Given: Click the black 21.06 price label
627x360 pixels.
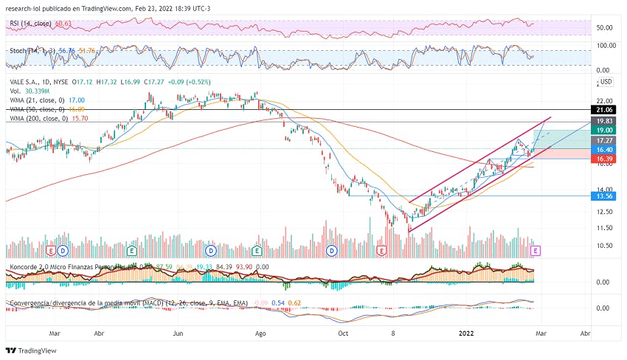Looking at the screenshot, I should pyautogui.click(x=606, y=110).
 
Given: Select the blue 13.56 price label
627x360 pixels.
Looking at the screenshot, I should pyautogui.click(x=606, y=196).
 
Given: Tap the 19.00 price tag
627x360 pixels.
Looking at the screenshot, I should pyautogui.click(x=606, y=130).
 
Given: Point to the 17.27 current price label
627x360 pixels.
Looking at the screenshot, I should pyautogui.click(x=606, y=139).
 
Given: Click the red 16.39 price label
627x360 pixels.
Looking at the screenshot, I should pyautogui.click(x=606, y=159).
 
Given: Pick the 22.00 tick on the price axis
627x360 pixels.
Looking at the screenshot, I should pyautogui.click(x=605, y=100).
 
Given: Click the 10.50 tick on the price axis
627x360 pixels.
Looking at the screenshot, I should pyautogui.click(x=605, y=246).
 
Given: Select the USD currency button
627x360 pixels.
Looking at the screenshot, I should pyautogui.click(x=606, y=81).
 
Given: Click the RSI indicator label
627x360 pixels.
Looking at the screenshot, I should pyautogui.click(x=15, y=24).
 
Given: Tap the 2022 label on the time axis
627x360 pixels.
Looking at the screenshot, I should pyautogui.click(x=467, y=334).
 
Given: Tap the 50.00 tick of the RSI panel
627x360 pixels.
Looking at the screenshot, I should pyautogui.click(x=605, y=28).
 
